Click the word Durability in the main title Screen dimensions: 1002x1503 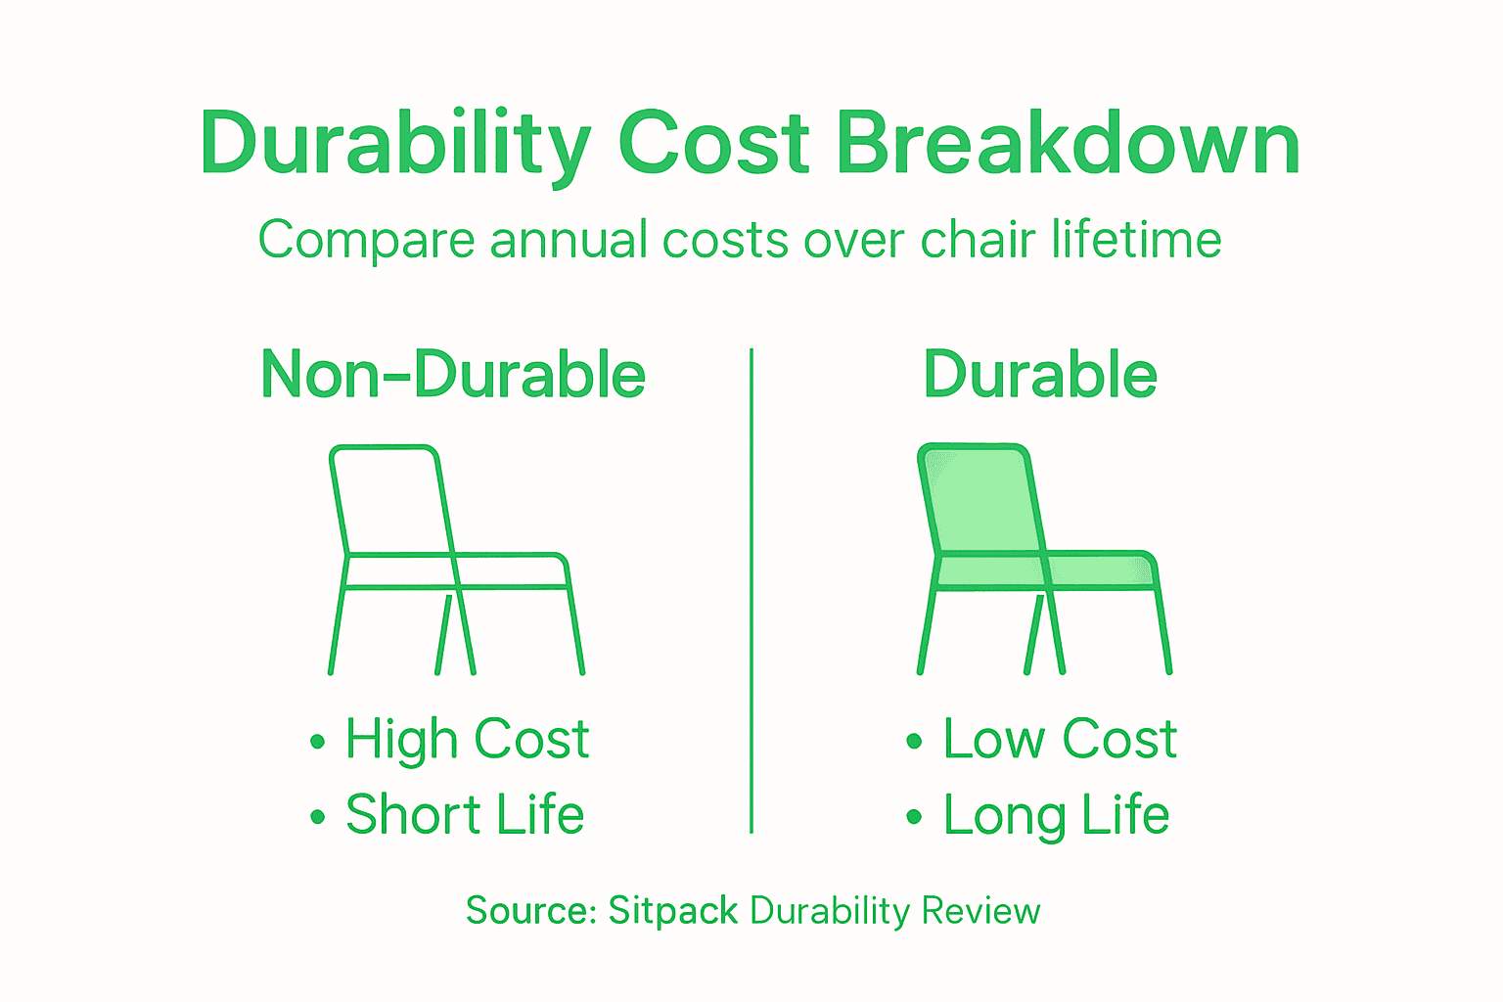(394, 145)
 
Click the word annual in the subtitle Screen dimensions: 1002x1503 (569, 240)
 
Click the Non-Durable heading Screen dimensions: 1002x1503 (453, 375)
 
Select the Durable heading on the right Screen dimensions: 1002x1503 (1040, 375)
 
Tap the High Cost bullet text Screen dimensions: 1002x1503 (467, 739)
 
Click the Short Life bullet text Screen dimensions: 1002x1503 (465, 815)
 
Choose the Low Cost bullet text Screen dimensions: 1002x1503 (1060, 739)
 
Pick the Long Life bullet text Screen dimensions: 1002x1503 (1056, 815)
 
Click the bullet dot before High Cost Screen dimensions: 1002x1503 (317, 742)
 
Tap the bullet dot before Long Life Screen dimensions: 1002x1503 (914, 817)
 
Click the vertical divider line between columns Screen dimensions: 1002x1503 (751, 587)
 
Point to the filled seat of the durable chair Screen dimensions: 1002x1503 (1096, 570)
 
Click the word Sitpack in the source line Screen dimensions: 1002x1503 (672, 911)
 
